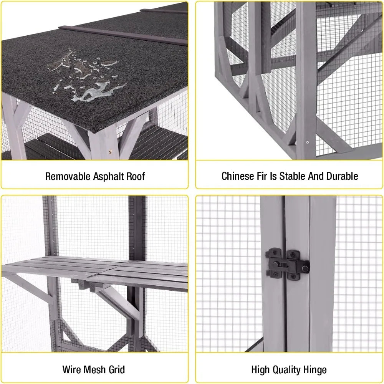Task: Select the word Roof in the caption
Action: pos(136,176)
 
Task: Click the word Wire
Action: pos(71,369)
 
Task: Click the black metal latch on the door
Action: pos(288,264)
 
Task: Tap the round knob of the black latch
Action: pos(305,269)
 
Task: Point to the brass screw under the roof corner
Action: pos(110,152)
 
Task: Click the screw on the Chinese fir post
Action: pos(307,142)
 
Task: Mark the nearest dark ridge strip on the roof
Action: pos(123,35)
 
